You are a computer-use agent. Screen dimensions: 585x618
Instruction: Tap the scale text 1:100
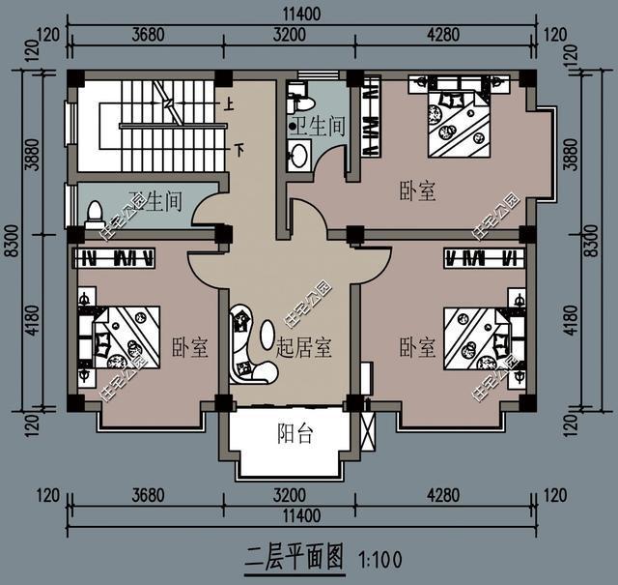point(379,558)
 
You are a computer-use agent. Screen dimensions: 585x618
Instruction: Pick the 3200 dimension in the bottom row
point(289,498)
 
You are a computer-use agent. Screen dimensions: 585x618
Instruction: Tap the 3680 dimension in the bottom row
point(148,498)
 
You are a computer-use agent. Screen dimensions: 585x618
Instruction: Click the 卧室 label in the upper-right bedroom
point(417,191)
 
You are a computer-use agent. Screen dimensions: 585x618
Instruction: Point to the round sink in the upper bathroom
point(299,153)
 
